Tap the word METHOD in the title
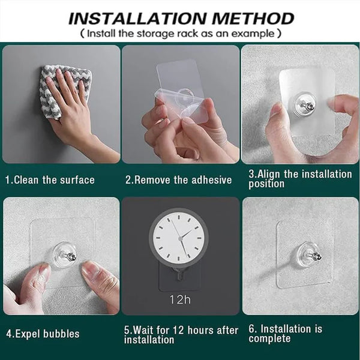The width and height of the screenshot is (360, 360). [253, 19]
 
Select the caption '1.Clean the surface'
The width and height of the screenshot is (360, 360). [50, 180]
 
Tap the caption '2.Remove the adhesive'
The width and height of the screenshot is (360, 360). [178, 180]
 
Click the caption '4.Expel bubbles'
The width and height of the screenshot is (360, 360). [43, 334]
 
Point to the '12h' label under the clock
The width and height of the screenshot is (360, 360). [180, 299]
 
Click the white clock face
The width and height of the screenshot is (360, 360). [179, 238]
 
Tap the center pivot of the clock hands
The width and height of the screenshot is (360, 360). [181, 239]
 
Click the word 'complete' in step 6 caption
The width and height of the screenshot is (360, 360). [269, 339]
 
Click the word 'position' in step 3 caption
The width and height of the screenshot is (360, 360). [266, 184]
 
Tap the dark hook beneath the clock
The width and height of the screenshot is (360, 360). [179, 274]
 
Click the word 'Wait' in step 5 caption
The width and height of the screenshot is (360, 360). [143, 330]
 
